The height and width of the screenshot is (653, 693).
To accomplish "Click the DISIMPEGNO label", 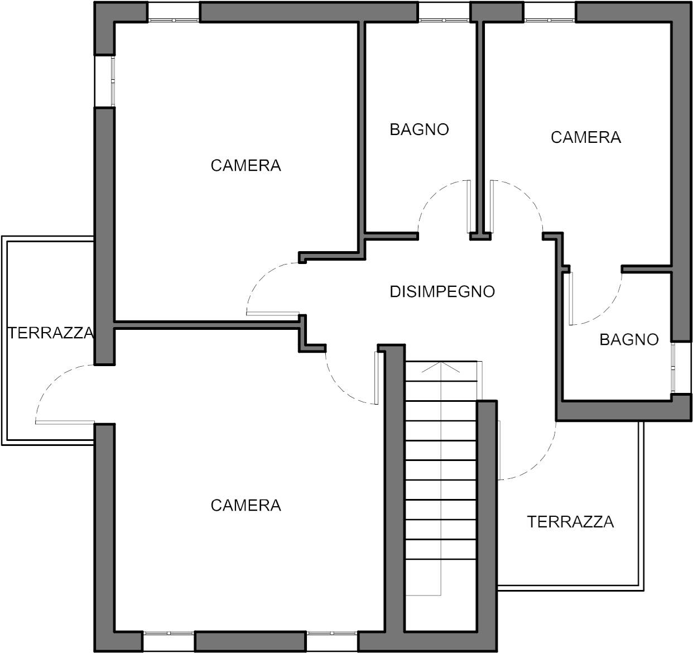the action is (x=442, y=291).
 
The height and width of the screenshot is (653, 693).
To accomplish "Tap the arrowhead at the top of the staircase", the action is (x=441, y=367).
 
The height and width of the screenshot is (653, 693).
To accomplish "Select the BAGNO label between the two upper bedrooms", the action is (x=419, y=129).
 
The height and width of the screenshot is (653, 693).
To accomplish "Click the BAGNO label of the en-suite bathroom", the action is (x=629, y=339).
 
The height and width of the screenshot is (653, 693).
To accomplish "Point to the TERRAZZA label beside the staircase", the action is (x=570, y=522).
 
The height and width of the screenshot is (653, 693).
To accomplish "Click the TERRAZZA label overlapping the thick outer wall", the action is (x=51, y=333).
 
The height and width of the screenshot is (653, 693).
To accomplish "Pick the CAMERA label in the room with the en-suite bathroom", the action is (x=586, y=137).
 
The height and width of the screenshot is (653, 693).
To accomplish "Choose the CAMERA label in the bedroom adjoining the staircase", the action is (x=246, y=505).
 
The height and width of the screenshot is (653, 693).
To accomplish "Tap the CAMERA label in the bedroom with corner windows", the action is (x=246, y=166).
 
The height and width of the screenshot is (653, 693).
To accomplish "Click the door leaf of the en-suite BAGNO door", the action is (x=571, y=299).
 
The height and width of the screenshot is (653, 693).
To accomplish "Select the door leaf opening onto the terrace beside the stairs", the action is (x=499, y=450).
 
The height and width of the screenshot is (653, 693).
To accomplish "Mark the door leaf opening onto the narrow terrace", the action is (x=65, y=422).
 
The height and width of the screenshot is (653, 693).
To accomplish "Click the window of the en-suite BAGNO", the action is (x=673, y=368).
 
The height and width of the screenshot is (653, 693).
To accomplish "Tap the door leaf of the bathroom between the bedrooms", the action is (x=469, y=207).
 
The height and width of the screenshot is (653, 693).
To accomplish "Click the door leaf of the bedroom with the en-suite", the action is (x=492, y=207).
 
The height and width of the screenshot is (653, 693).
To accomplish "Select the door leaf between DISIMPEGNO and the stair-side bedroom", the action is (x=377, y=378).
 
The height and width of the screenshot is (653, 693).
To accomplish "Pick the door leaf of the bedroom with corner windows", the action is (x=273, y=314).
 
